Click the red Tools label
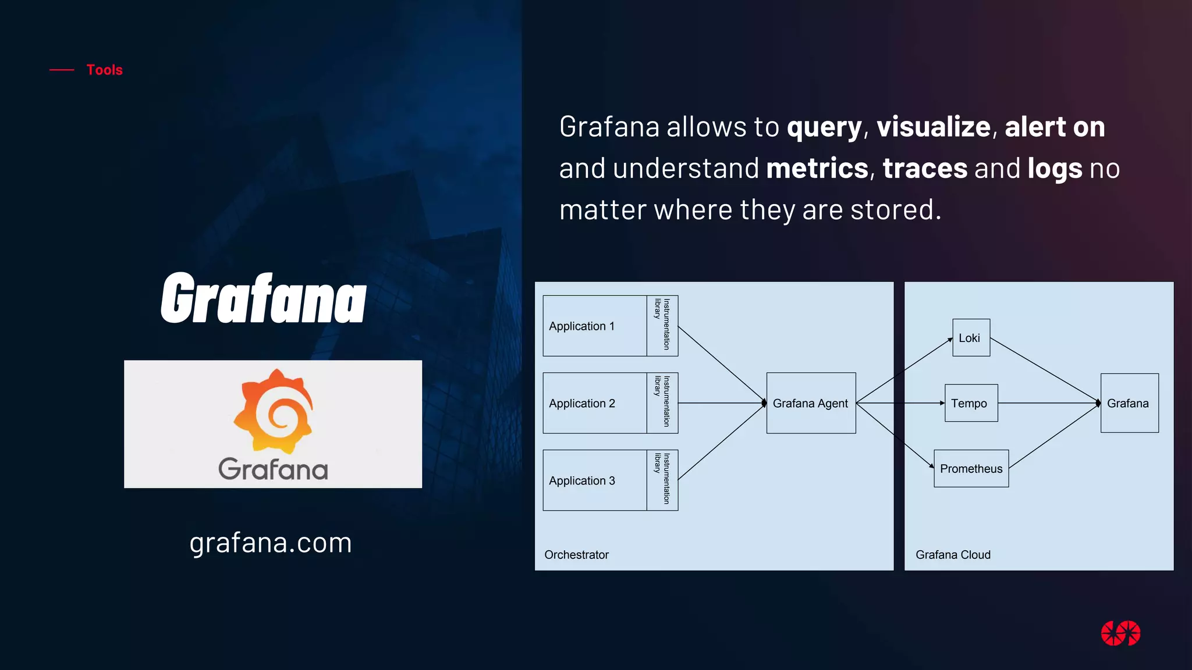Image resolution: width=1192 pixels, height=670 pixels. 104,70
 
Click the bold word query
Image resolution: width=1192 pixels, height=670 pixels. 824,127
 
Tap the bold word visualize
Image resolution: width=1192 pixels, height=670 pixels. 933,127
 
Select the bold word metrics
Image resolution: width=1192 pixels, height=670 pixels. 817,169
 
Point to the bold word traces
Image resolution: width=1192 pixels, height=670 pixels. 925,169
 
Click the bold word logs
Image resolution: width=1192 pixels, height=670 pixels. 1055,169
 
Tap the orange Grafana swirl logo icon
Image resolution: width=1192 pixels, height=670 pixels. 274,410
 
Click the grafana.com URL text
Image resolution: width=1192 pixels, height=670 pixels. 271,543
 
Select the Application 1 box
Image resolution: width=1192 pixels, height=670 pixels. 594,326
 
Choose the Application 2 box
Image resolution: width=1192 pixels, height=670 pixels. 594,403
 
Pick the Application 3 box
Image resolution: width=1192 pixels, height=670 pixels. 594,480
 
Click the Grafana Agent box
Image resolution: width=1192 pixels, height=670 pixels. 811,403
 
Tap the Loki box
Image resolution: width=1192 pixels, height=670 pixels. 971,338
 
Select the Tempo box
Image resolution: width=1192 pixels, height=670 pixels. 971,403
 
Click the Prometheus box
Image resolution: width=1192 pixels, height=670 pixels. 971,469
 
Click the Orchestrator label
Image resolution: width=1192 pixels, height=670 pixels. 576,555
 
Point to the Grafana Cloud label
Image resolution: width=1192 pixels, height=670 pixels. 953,555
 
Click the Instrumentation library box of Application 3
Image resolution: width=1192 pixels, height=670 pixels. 662,480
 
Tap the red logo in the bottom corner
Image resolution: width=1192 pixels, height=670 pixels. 1120,633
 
